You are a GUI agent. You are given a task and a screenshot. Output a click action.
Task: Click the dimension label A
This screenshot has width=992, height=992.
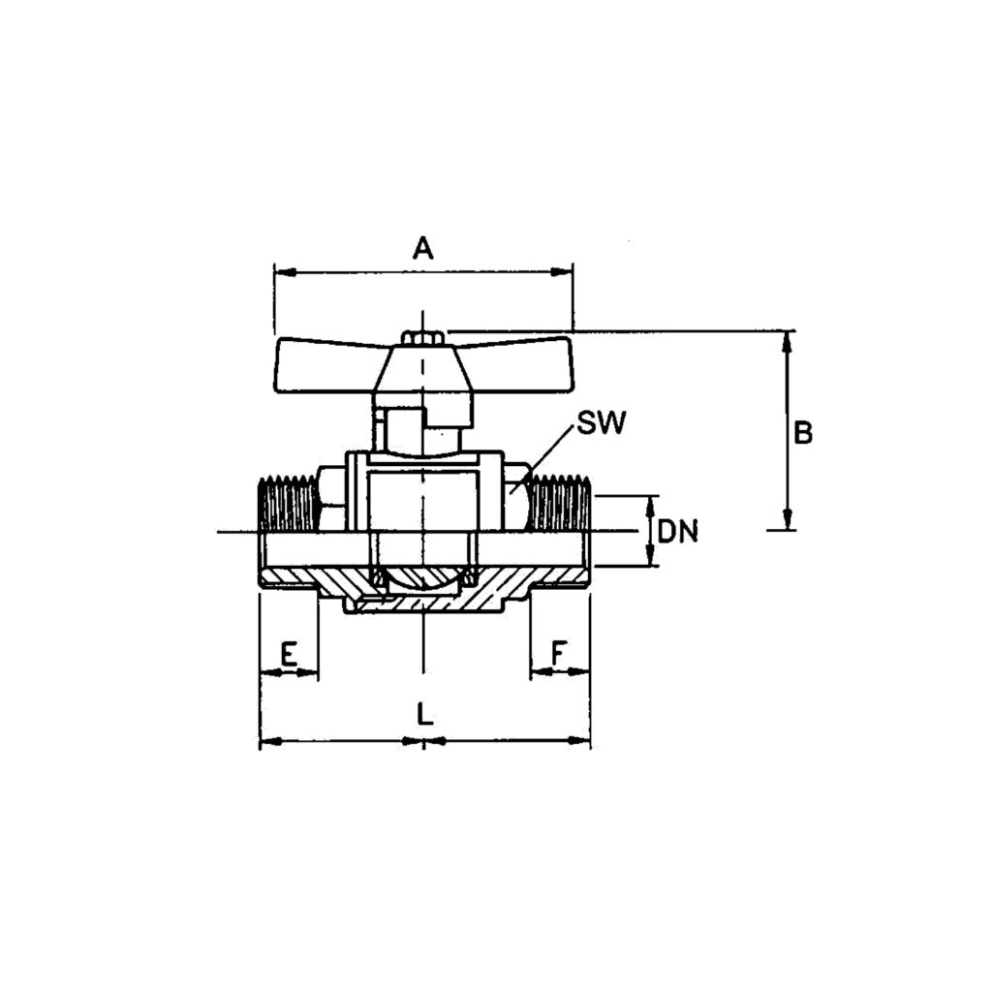(423, 247)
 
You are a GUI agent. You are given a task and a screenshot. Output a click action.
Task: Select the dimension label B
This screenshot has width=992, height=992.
(803, 433)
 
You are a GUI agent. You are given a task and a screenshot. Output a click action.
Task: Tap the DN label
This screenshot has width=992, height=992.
(677, 532)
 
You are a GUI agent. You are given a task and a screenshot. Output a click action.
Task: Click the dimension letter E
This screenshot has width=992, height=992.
(288, 654)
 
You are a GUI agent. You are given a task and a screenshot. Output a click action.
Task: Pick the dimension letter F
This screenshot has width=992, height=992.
(559, 653)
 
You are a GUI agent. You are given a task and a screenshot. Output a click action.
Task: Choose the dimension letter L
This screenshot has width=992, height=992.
(424, 714)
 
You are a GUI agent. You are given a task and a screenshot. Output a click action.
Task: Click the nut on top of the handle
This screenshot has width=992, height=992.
(423, 338)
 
